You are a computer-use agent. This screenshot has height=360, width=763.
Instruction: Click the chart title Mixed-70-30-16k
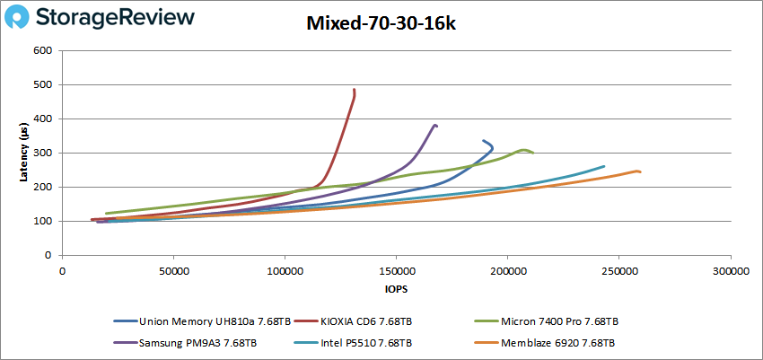(381, 24)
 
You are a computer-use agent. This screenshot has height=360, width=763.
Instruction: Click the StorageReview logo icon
(21, 17)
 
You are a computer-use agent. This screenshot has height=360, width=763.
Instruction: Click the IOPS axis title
(395, 289)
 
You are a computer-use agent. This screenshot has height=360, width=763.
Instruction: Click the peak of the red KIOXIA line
(355, 90)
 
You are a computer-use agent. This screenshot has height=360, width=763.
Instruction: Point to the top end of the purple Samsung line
(435, 125)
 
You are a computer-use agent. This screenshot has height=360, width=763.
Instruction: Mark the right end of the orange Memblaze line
(640, 171)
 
